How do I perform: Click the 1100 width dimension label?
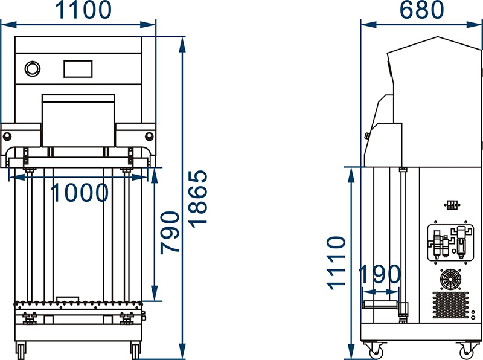click(83, 10)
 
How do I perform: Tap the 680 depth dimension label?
click(421, 10)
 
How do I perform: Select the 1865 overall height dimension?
click(199, 199)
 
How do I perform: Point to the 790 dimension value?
click(170, 233)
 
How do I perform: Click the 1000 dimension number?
click(80, 193)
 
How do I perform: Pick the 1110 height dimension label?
click(337, 263)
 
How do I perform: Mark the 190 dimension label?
click(380, 274)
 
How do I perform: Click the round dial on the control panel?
click(33, 68)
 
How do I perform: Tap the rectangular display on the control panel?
click(78, 69)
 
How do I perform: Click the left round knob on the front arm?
click(7, 136)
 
